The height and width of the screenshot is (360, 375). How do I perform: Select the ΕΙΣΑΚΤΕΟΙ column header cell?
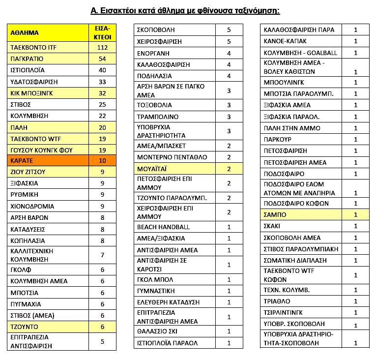102,33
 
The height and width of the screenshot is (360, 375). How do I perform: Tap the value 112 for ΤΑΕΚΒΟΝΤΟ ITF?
102,48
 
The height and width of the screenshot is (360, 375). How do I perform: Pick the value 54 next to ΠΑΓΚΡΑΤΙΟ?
102,59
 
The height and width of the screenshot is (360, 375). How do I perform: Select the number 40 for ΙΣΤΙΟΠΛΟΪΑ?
102,70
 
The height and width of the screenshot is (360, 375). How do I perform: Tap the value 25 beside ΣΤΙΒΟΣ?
102,104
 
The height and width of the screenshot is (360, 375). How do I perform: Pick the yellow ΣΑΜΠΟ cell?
275,215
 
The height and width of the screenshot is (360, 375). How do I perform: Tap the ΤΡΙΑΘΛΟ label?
277,301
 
